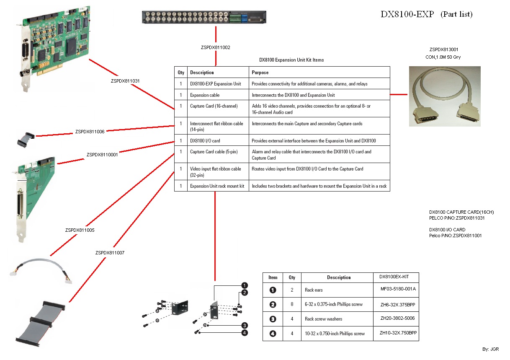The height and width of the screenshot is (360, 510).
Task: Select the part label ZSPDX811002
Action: (x=216, y=47)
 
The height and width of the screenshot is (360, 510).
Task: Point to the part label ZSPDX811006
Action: (x=90, y=131)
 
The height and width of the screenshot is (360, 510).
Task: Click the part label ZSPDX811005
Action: (x=80, y=230)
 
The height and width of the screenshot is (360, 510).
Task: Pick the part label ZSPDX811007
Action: (x=110, y=253)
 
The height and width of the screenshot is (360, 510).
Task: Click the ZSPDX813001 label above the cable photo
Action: (x=444, y=49)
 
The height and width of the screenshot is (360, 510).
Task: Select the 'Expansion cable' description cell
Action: (x=205, y=95)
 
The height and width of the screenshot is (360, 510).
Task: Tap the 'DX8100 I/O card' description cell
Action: (x=205, y=141)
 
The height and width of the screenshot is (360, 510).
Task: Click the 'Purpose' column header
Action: (x=260, y=73)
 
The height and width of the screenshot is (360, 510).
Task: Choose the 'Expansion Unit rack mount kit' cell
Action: (x=217, y=186)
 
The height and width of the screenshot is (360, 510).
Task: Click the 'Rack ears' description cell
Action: (x=314, y=290)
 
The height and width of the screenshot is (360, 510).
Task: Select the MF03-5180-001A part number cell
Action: (x=397, y=289)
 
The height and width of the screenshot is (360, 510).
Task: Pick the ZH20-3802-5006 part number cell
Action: (x=397, y=318)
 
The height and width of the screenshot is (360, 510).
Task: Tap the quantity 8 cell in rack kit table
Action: (x=292, y=304)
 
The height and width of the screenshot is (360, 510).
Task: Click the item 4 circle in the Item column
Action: (x=273, y=334)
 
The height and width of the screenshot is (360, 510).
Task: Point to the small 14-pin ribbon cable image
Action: (x=26, y=139)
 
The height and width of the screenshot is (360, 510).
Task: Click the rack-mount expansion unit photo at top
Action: (x=204, y=17)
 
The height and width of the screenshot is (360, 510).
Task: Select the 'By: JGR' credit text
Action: (x=491, y=349)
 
